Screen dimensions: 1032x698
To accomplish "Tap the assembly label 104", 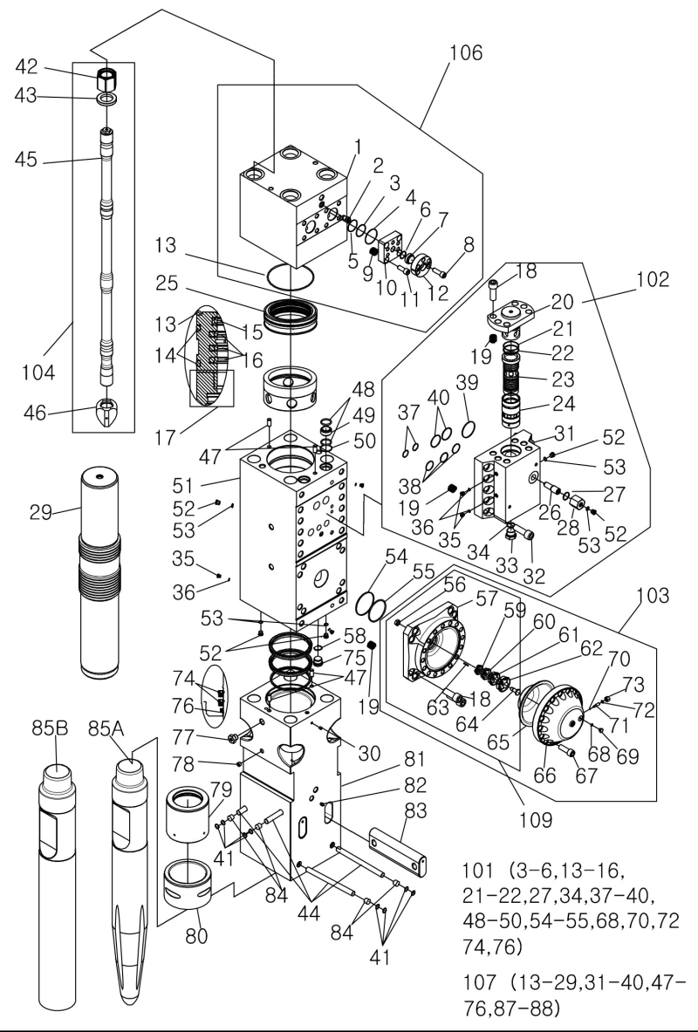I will coord(38,373).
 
